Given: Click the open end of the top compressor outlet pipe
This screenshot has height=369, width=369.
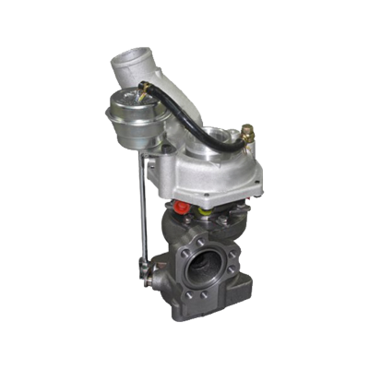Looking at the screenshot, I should coord(129,62).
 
